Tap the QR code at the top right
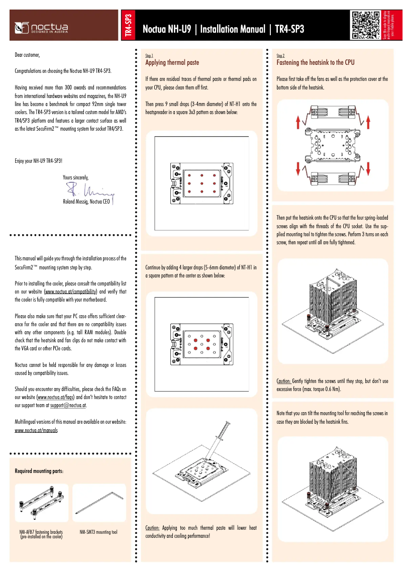pos(365,25)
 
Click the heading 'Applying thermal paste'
pos(172,63)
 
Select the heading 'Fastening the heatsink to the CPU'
pos(316,63)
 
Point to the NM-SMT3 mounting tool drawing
pos(99,502)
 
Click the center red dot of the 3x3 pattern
pos(201,183)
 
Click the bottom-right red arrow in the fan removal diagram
pos(368,168)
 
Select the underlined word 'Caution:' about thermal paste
pos(152,528)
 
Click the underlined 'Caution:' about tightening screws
pos(284,381)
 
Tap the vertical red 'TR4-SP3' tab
pos(128,26)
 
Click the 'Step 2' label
pos(280,55)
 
